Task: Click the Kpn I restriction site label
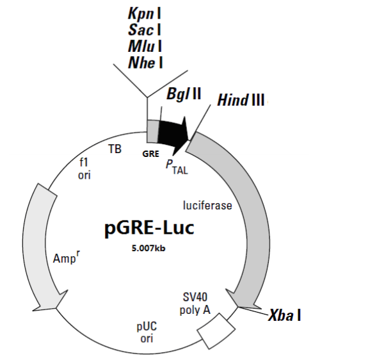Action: click(x=140, y=13)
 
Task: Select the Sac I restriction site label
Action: click(x=140, y=29)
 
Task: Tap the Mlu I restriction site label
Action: click(x=140, y=45)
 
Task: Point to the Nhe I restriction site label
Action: click(x=140, y=61)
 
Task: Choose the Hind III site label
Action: click(x=241, y=100)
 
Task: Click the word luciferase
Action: click(x=207, y=206)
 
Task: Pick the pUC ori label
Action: click(x=147, y=332)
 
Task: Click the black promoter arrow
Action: click(x=173, y=131)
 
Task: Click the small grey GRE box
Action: click(x=152, y=131)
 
